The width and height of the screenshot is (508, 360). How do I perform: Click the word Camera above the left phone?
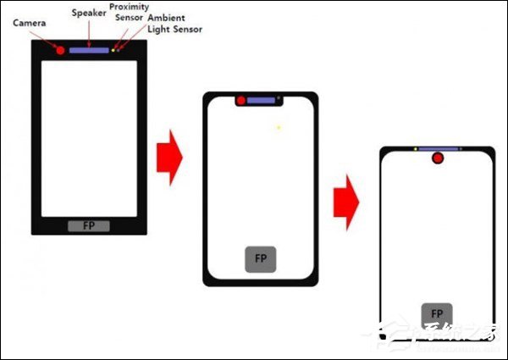[30, 23]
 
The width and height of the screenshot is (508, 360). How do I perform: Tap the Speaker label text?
[89, 13]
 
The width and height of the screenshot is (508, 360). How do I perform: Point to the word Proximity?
[130, 7]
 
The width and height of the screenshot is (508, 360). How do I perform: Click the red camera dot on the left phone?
[61, 50]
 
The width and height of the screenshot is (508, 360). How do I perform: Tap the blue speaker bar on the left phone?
[90, 51]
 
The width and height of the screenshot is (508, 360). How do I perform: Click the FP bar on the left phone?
[88, 225]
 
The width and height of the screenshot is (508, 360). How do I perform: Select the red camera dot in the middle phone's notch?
[241, 101]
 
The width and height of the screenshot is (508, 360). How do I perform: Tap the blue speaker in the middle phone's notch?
[262, 101]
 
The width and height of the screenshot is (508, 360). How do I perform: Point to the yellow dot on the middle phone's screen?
[279, 127]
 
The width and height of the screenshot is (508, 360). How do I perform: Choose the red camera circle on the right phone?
[438, 158]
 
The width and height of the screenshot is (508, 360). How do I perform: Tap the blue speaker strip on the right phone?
[439, 149]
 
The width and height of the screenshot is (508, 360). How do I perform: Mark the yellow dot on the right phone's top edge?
[415, 149]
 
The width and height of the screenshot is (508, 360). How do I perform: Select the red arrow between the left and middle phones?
[170, 158]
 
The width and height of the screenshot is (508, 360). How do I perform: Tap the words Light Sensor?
[174, 29]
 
